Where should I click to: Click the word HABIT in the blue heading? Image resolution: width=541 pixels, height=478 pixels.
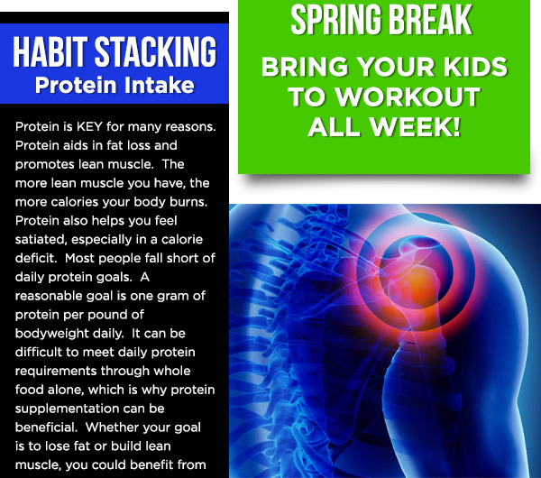[x=50, y=51]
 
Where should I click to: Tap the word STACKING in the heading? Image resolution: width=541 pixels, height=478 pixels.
[x=156, y=51]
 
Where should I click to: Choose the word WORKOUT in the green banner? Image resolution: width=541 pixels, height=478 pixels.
[x=408, y=97]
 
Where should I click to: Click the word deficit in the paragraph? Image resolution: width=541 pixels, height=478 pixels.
[x=36, y=258]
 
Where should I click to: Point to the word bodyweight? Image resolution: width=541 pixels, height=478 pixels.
[x=52, y=334]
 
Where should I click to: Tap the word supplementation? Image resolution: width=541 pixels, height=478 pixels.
[x=67, y=409]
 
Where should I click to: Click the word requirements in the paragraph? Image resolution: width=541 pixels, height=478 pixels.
[x=56, y=371]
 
